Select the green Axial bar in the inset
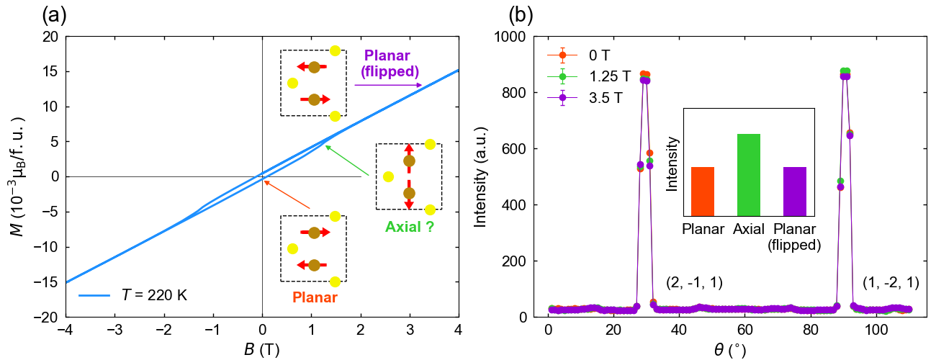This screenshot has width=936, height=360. [x=749, y=175]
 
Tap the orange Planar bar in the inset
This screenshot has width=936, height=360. [x=703, y=192]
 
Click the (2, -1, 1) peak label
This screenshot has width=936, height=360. [x=694, y=284]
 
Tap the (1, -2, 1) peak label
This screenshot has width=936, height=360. [x=891, y=284]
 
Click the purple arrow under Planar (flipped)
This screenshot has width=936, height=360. [x=388, y=85]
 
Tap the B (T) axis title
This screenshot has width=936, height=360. [x=262, y=349]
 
